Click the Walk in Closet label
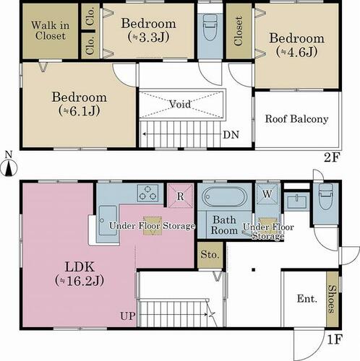tap(50, 30)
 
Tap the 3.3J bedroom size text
tap(148, 37)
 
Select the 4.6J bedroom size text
tap(296, 52)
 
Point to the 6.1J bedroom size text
tap(80, 110)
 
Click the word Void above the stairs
tap(180, 104)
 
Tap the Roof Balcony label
tap(296, 119)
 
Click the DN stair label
tap(231, 135)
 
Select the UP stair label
tap(128, 316)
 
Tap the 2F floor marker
tap(332, 158)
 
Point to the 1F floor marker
tap(335, 339)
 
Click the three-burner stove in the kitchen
tap(147, 193)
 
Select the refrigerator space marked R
tap(181, 196)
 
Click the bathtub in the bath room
tap(224, 197)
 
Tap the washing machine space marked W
tap(267, 194)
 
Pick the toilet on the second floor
tap(210, 27)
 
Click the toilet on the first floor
tap(325, 197)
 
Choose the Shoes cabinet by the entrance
tap(333, 299)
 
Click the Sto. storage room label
tap(210, 255)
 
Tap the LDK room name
tap(80, 267)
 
